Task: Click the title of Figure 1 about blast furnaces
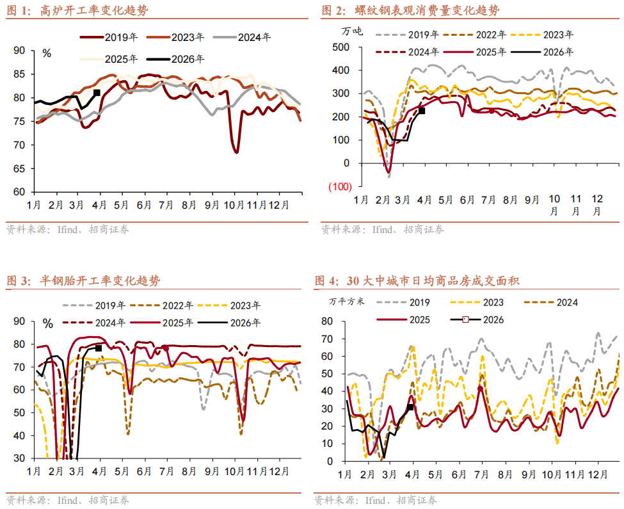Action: (x=90, y=11)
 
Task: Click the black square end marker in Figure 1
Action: (x=97, y=93)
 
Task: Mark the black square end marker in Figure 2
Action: (x=421, y=111)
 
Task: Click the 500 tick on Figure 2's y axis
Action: (x=340, y=47)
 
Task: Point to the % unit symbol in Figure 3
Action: (x=48, y=323)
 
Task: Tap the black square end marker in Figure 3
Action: (x=99, y=348)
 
